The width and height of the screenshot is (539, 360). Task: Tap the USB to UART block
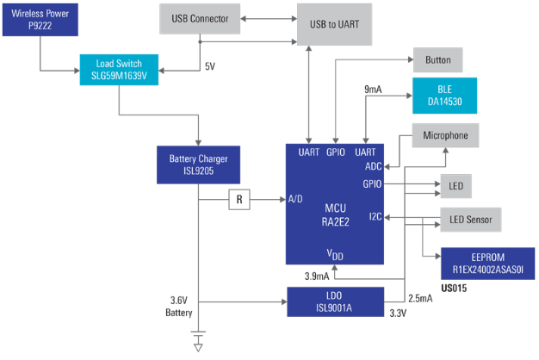[335, 25]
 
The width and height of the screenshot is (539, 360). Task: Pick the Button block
[437, 61]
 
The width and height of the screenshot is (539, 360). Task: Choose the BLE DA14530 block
[443, 95]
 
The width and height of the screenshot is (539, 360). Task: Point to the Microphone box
[445, 135]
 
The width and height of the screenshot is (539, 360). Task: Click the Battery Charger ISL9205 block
[197, 164]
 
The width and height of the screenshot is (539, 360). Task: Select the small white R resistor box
[240, 200]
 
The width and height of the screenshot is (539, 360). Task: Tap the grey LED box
[455, 185]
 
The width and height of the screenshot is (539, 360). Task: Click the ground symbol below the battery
[200, 346]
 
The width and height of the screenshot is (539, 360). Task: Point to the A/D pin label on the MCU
[294, 200]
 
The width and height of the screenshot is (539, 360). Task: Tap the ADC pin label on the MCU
[372, 166]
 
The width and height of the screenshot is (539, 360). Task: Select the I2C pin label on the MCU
[375, 216]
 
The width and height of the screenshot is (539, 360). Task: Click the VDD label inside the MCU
[335, 255]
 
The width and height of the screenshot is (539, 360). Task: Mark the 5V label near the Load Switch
[209, 65]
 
